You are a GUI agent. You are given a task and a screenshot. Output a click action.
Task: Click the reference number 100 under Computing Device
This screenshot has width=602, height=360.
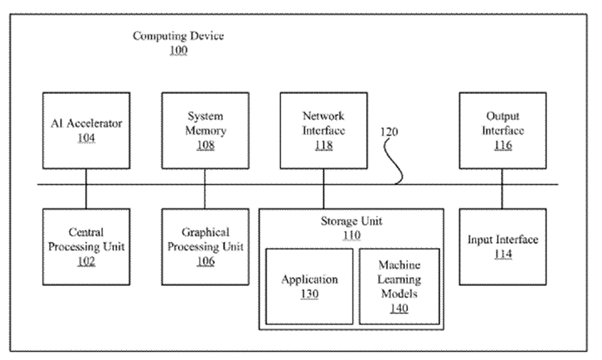179,51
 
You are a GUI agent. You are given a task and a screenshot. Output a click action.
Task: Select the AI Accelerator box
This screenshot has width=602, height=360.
86,131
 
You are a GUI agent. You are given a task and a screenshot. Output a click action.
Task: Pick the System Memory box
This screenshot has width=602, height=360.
205,131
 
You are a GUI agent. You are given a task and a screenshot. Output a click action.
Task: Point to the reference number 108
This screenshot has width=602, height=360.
205,146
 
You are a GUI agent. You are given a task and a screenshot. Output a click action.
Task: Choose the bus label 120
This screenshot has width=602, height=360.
389,132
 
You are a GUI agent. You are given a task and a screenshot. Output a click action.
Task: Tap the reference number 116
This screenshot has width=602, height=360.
503,146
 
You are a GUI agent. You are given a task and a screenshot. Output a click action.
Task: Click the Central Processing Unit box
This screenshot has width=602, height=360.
86,246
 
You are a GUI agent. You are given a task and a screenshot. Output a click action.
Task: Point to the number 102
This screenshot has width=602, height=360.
86,261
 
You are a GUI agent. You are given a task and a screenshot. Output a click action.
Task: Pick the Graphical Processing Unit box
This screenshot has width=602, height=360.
205,246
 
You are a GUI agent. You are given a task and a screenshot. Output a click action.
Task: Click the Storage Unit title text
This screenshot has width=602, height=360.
351,222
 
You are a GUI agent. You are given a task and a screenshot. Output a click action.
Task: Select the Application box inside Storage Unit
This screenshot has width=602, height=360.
309,286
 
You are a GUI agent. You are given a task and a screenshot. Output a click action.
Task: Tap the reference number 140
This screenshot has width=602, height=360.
399,308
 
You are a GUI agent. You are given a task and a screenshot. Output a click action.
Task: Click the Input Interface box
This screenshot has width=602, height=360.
503,246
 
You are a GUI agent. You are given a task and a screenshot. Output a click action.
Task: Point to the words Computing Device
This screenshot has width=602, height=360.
179,36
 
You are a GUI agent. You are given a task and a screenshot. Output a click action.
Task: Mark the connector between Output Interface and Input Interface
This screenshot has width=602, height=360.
503,196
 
